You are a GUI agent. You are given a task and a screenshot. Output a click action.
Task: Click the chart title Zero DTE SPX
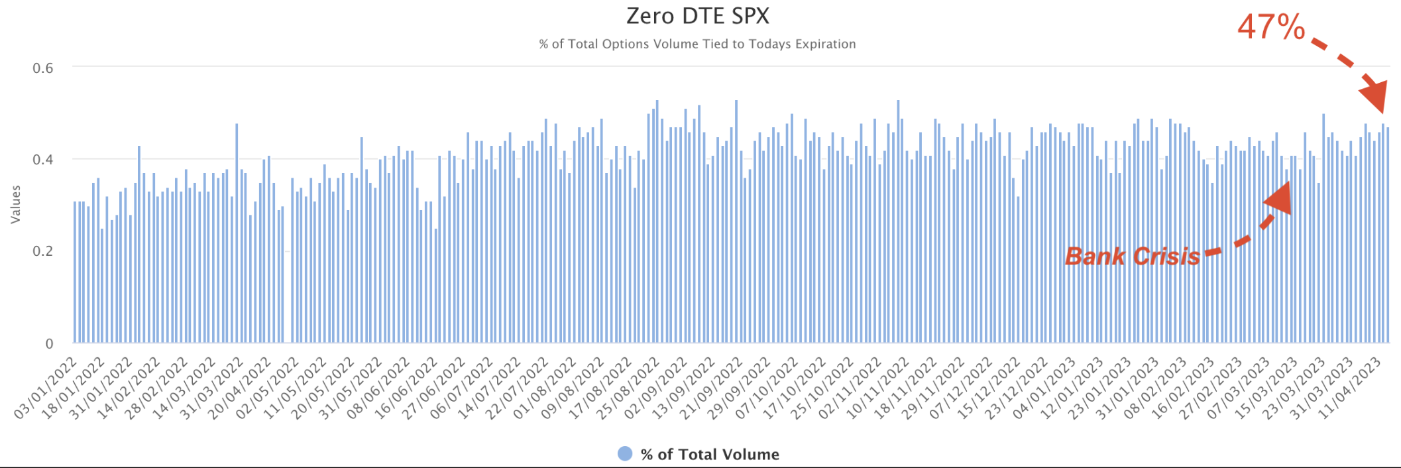pos(698,16)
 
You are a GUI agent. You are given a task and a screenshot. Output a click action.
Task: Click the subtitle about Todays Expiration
pos(697,44)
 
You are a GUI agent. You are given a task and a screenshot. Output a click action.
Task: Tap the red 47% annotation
pos(1270,28)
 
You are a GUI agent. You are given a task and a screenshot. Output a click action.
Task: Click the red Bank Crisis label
pos(1133,257)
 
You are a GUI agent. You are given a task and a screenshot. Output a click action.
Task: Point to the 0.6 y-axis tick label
pos(42,68)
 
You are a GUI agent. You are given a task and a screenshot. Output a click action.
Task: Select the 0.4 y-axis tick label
pos(42,160)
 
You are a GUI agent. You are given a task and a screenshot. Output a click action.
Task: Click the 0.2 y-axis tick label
pos(42,251)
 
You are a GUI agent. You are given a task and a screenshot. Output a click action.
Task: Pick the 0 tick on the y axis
pos(49,343)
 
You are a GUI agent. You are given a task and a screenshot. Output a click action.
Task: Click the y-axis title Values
pos(16,204)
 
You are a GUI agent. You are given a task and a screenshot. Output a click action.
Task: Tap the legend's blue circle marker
pos(624,454)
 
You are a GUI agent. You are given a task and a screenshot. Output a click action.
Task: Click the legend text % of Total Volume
pos(710,455)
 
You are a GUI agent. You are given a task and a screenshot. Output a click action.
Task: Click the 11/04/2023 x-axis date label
pos(1350,387)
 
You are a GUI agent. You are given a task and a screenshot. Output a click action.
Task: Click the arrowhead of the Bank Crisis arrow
pos(1279,198)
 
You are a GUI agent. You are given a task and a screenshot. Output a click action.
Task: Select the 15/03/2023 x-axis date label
pos(1268,387)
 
